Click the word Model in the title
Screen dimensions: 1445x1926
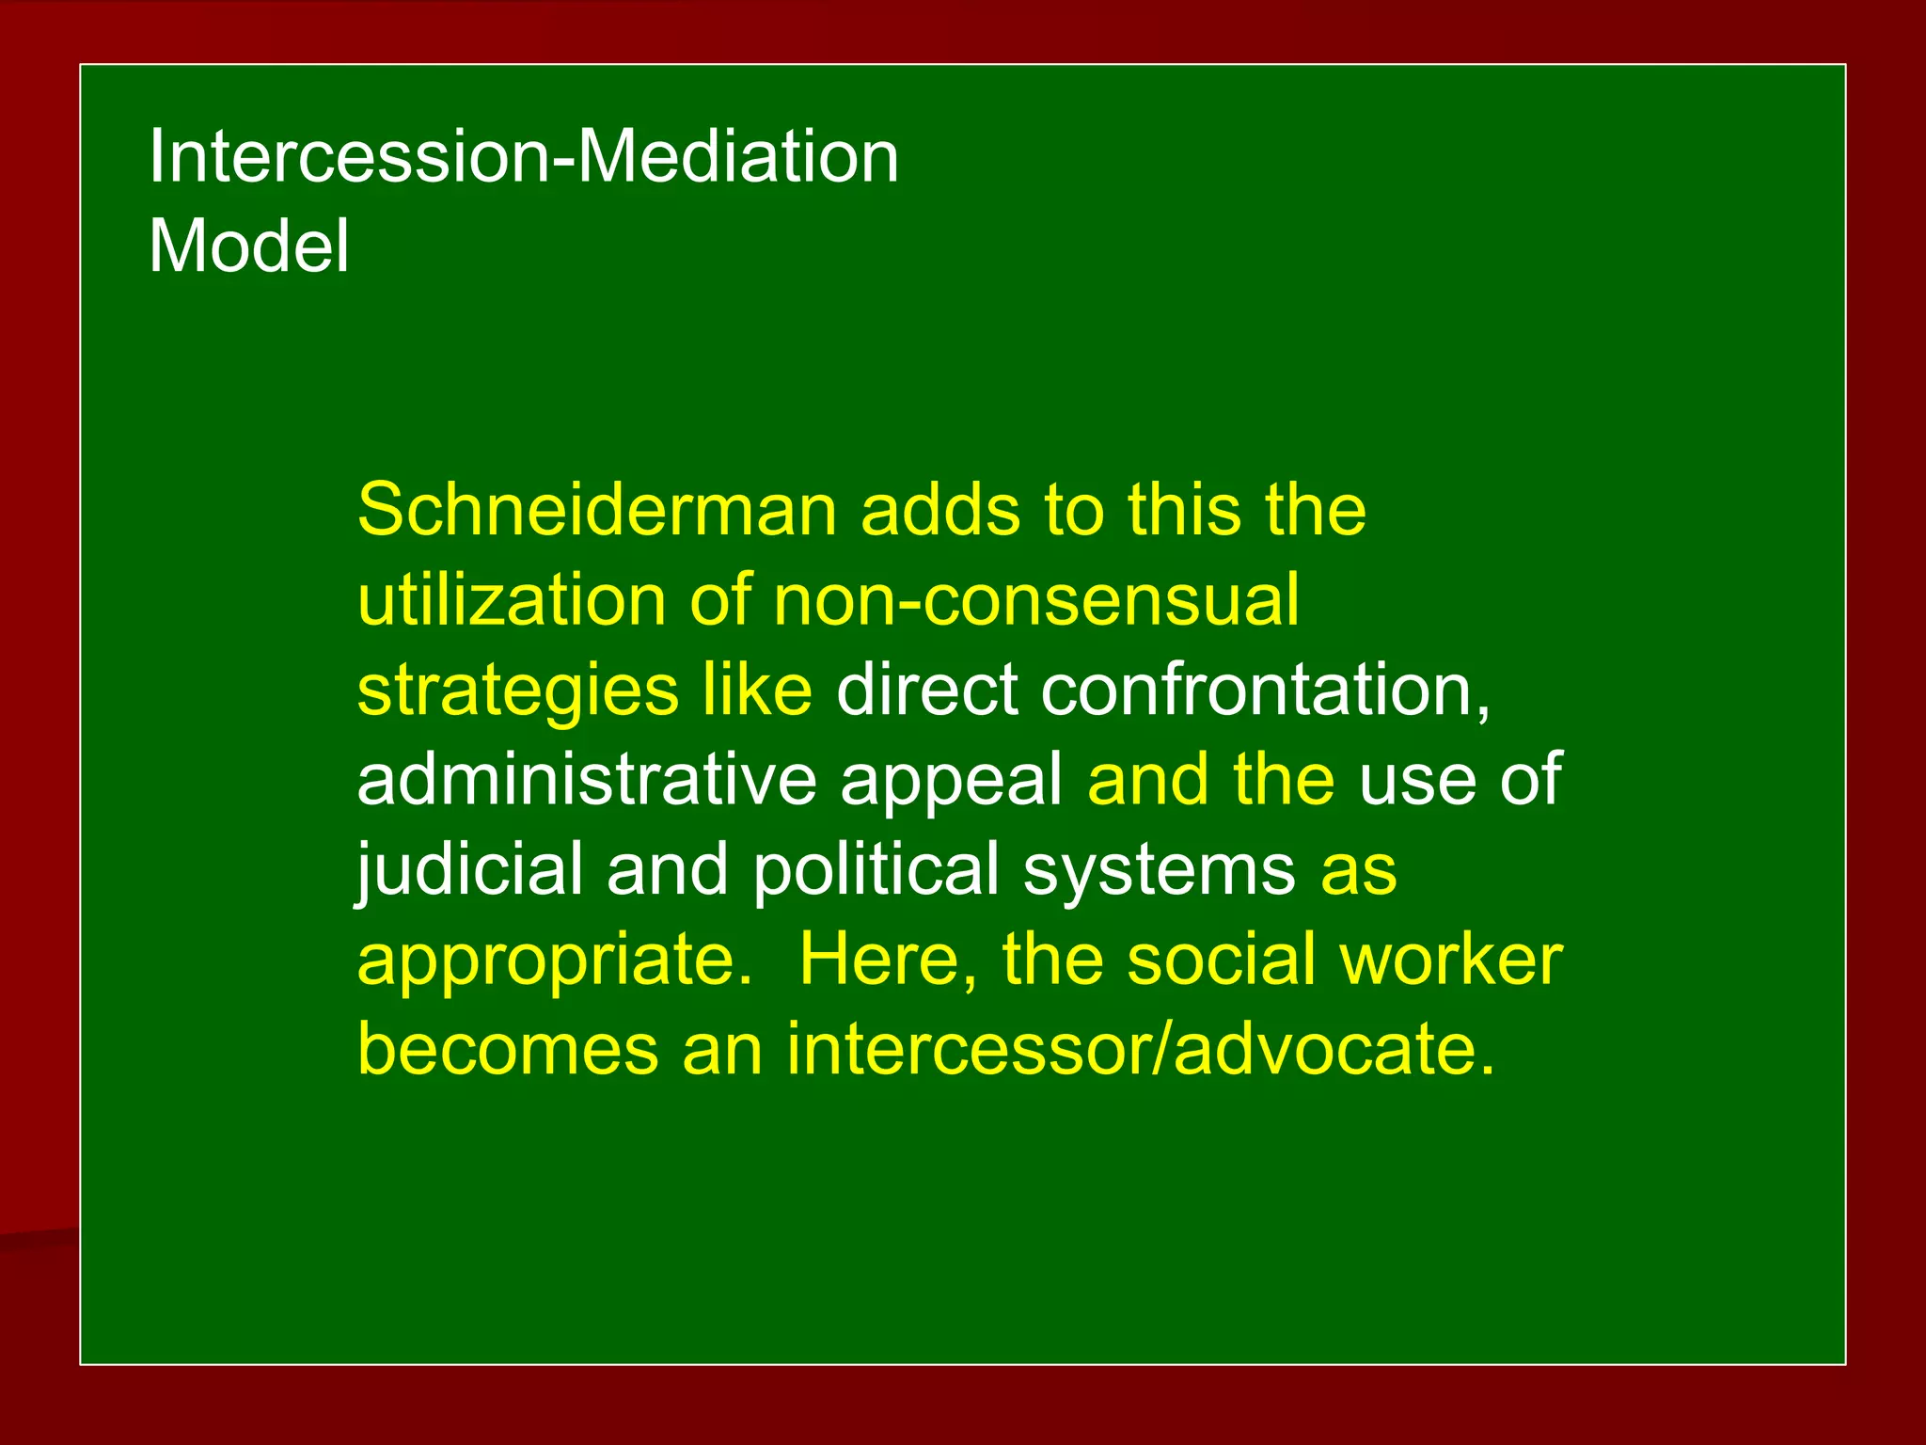(249, 246)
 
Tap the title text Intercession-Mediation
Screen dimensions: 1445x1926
(524, 156)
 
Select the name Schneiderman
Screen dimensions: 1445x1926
(596, 510)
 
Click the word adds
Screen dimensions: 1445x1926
(939, 510)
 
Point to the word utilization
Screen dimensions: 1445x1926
(512, 599)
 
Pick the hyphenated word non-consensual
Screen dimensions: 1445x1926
(1035, 599)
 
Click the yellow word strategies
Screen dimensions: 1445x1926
(517, 691)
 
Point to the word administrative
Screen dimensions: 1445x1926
(587, 779)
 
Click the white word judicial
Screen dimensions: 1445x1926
(469, 870)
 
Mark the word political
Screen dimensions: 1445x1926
(876, 870)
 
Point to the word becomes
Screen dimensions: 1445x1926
(508, 1049)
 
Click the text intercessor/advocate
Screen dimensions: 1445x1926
(1139, 1049)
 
